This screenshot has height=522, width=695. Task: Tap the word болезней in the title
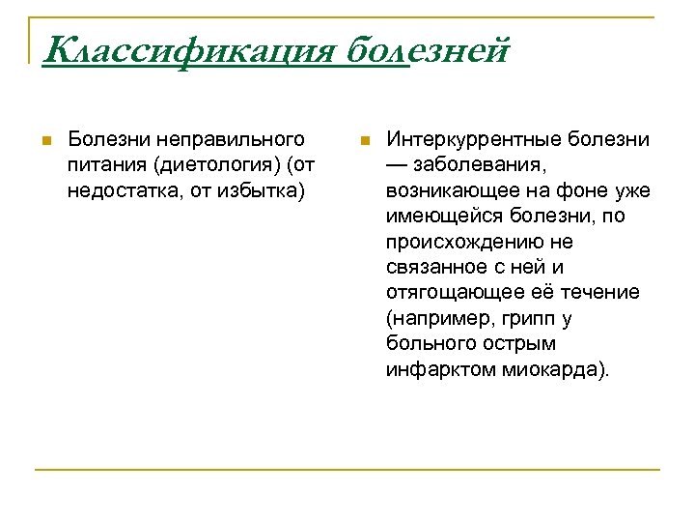426,48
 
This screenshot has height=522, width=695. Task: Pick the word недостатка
113,190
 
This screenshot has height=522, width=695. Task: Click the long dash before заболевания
398,165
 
